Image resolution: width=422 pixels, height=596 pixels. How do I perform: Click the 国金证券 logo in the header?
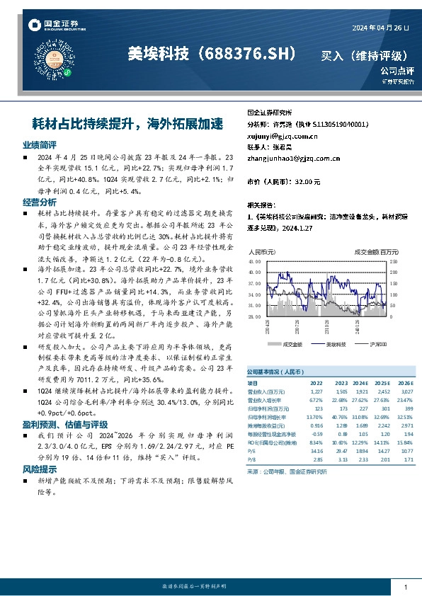pyautogui.click(x=53, y=25)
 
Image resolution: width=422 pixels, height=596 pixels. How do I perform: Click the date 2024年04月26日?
pyautogui.click(x=381, y=27)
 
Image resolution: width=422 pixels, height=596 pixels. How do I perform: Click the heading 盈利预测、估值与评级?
pyautogui.click(x=64, y=424)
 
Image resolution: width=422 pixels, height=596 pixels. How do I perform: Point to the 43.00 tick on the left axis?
pyautogui.click(x=254, y=261)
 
